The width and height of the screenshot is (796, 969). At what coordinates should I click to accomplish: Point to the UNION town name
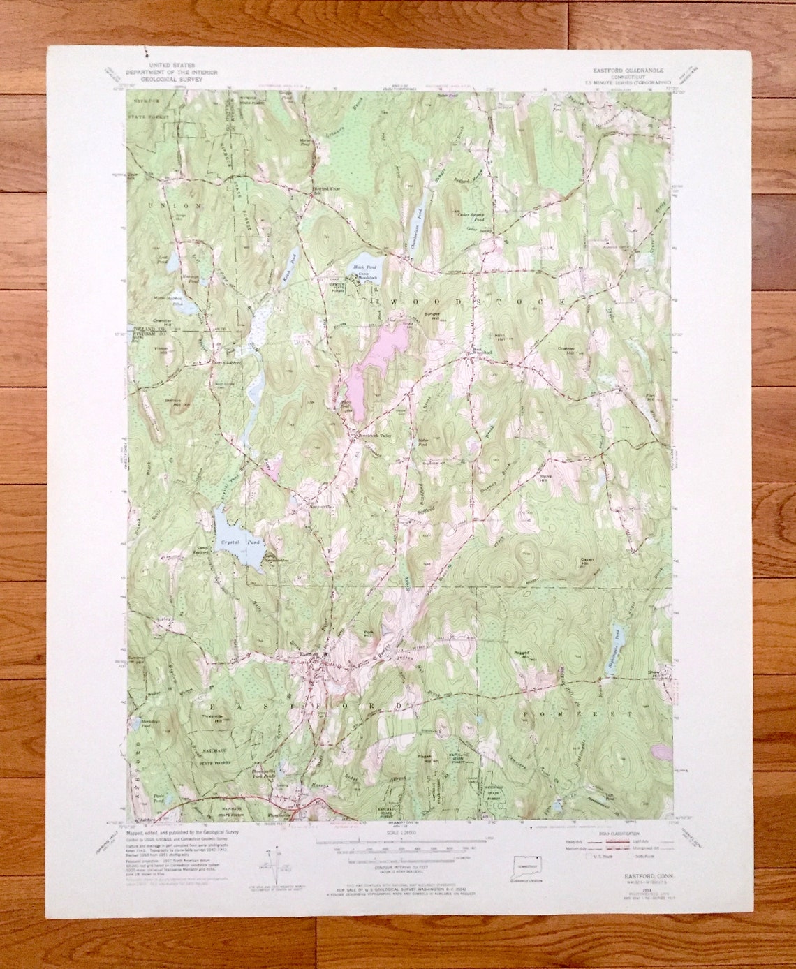click(x=175, y=206)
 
